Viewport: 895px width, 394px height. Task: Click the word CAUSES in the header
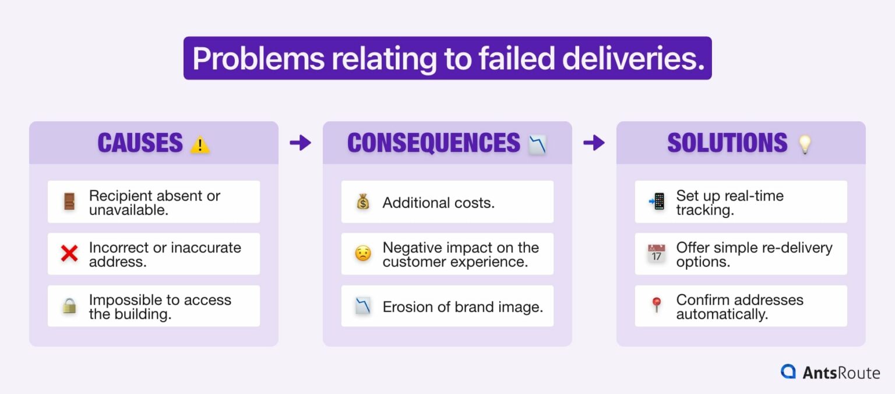[140, 143]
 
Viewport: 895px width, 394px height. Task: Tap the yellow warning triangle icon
[200, 145]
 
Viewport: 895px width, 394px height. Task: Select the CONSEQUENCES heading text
[434, 143]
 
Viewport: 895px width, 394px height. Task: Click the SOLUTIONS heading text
[727, 143]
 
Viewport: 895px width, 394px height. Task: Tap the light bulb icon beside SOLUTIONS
[805, 144]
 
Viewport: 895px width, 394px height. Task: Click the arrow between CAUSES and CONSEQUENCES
[301, 143]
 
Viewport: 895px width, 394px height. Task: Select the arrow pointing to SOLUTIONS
[594, 143]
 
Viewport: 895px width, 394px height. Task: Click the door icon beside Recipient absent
[69, 202]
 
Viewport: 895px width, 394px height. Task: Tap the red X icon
[69, 254]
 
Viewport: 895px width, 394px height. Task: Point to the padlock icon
[69, 306]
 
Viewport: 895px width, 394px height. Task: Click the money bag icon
[362, 202]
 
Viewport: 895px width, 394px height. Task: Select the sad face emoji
[362, 254]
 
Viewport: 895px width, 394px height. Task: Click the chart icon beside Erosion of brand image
[362, 306]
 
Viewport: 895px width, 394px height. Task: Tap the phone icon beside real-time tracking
[657, 202]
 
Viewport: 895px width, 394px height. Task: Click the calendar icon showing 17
[657, 254]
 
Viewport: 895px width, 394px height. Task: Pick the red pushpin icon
[657, 305]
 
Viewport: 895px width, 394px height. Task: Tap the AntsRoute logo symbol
[789, 371]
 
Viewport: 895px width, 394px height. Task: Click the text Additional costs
[438, 203]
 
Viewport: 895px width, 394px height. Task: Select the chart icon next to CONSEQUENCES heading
[537, 144]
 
